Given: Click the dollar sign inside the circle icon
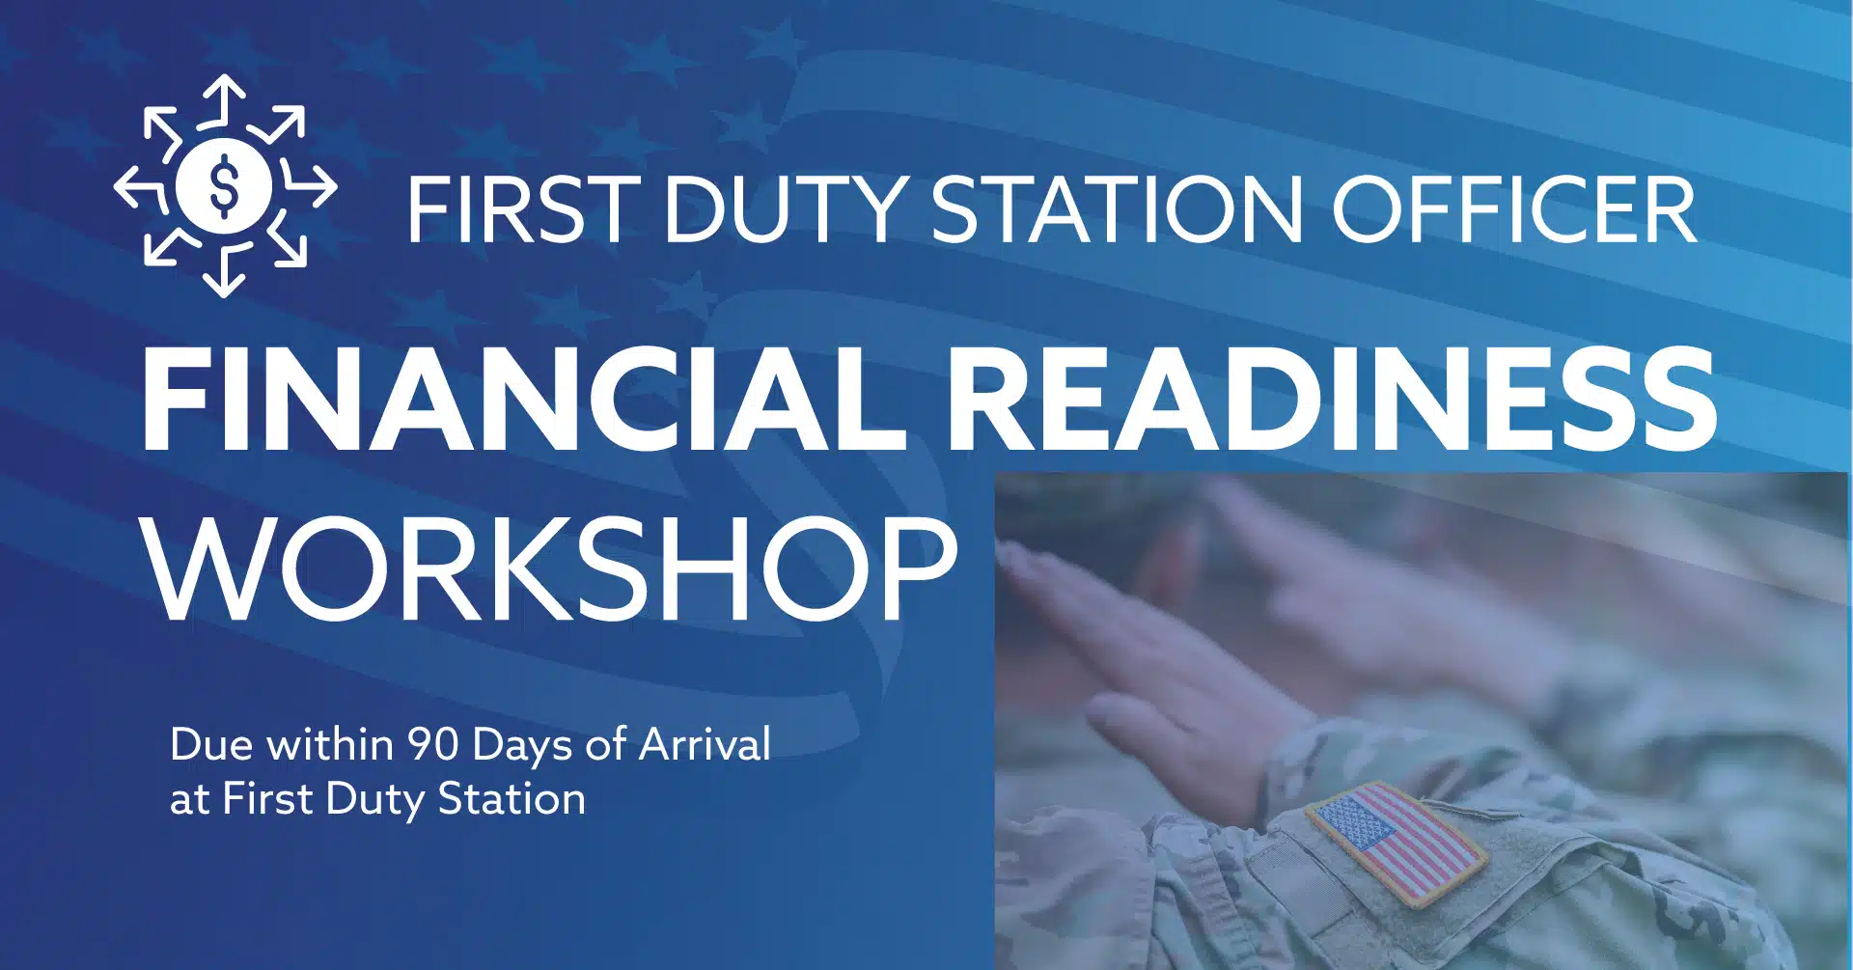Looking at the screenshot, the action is coord(224,183).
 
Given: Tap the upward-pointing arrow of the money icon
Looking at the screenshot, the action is coord(224,100).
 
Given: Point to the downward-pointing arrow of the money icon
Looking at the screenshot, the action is coord(224,270).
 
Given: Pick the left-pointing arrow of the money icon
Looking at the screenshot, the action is coord(140,185).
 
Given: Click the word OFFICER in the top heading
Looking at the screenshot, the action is coord(1513,209).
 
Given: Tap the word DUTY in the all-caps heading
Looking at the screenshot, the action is coord(783,209).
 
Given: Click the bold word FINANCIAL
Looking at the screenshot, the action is coord(521,397).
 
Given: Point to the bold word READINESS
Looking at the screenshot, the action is coord(1337,397).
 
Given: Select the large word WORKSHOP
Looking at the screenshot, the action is coord(550,568).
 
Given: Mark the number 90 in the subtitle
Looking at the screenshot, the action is coord(432,744).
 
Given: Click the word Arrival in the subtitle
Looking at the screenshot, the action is coord(705,744).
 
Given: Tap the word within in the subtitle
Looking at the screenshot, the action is coord(329,744).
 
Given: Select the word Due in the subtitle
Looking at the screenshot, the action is coord(211,744).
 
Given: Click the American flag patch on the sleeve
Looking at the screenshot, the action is coord(1396,843).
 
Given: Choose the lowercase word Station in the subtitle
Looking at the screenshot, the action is coord(512,799).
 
